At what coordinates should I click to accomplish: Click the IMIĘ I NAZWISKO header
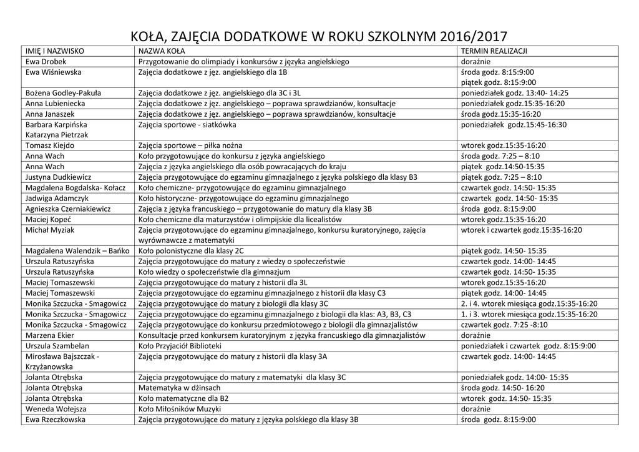click(x=55, y=51)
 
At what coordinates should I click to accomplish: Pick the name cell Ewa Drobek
click(x=46, y=62)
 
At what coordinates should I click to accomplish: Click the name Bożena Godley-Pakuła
click(x=64, y=93)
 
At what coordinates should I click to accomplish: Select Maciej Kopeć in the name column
click(x=48, y=219)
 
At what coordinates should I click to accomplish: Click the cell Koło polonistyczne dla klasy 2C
click(x=191, y=250)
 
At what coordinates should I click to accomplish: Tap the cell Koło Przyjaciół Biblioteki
click(x=180, y=345)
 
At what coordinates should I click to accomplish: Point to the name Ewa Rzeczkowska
click(x=56, y=420)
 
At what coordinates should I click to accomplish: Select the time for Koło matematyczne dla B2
click(x=506, y=398)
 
